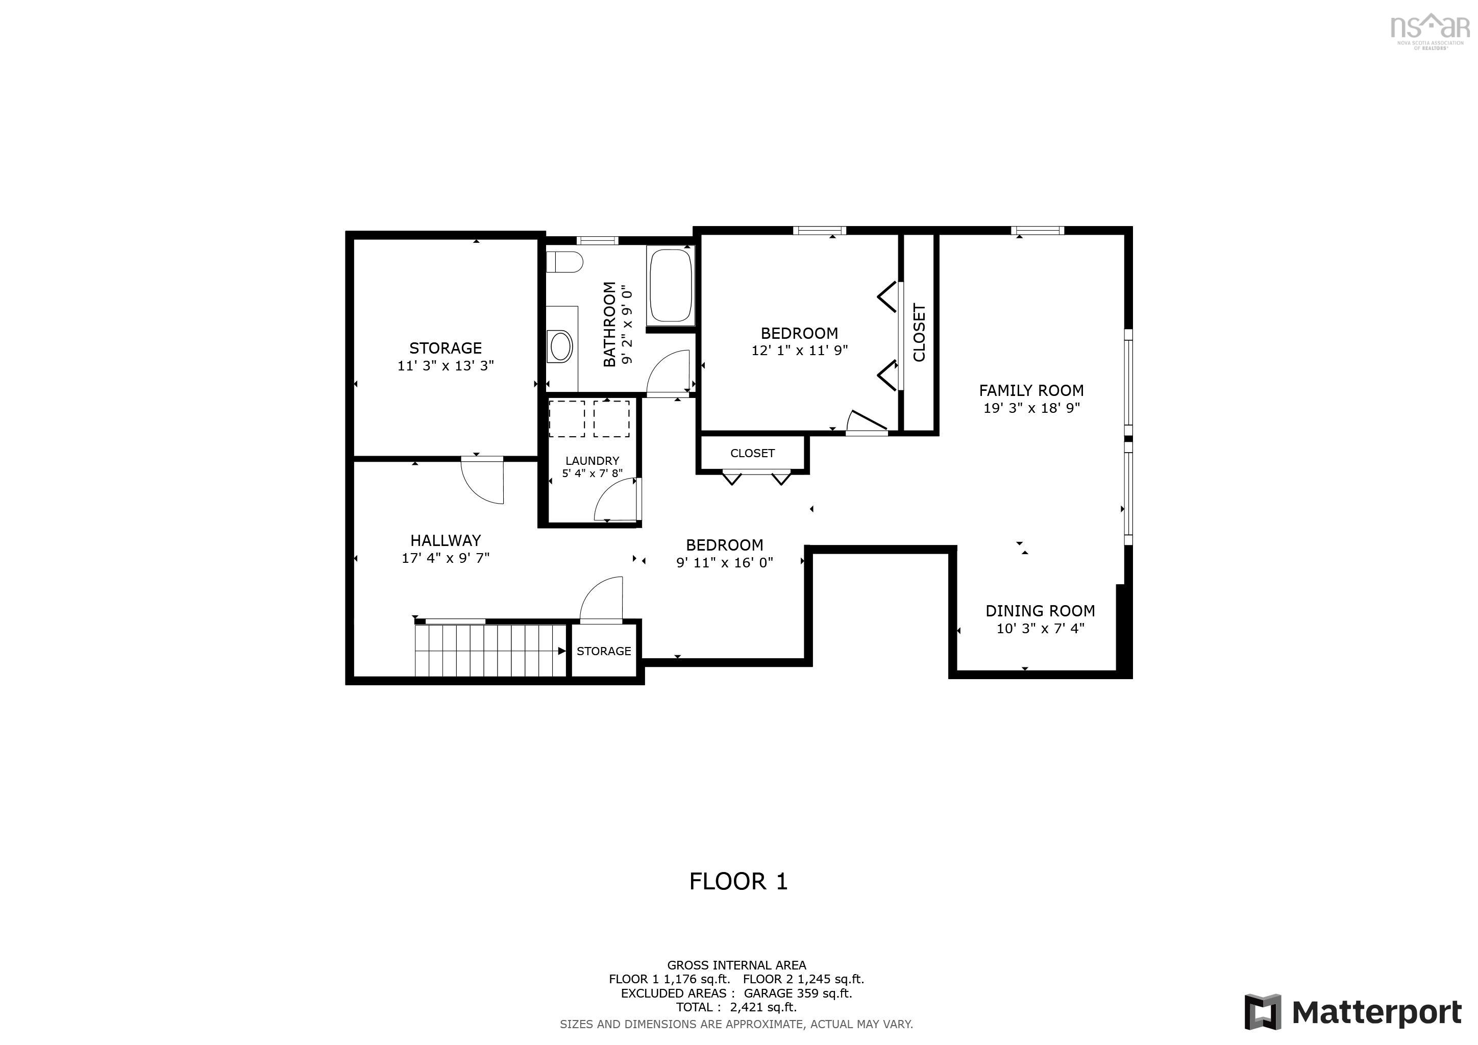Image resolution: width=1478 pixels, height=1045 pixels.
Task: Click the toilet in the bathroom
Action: tap(564, 262)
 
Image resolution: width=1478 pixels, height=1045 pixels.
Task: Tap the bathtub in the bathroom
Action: tap(671, 286)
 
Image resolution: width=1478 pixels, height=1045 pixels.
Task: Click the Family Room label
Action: tap(1031, 390)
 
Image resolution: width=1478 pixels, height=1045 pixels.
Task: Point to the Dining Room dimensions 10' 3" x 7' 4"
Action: tap(1040, 629)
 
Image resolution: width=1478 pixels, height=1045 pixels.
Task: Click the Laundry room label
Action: tap(592, 461)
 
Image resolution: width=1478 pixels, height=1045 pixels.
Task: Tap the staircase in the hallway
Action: tap(489, 651)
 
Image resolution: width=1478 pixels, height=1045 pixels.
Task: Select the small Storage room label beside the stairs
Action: tap(604, 651)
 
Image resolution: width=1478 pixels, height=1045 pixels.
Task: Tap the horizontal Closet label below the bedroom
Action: tap(752, 453)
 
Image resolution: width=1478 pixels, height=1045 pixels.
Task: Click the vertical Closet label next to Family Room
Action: tap(919, 333)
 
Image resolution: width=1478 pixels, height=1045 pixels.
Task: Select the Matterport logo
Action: tap(1352, 1012)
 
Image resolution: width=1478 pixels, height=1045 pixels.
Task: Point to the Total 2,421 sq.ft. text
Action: tap(736, 1007)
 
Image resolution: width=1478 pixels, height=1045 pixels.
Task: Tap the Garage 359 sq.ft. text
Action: tap(798, 993)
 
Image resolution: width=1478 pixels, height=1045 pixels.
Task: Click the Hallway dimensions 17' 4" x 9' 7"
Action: tap(446, 558)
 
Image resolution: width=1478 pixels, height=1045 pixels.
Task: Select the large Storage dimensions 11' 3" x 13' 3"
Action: tap(446, 365)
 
